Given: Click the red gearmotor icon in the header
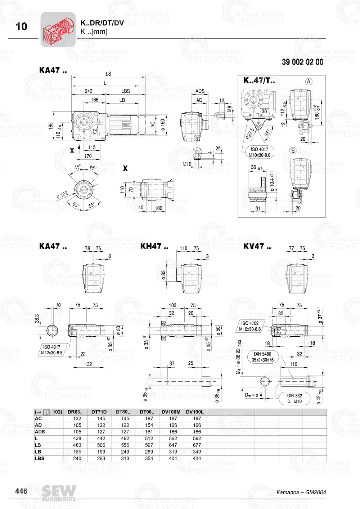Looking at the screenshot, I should pyautogui.click(x=58, y=29).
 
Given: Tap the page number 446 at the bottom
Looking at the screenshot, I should pyautogui.click(x=21, y=491).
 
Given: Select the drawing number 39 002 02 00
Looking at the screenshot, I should pyautogui.click(x=302, y=62).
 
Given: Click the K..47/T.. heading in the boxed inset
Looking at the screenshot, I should pyautogui.click(x=259, y=81).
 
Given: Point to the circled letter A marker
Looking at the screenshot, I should pyautogui.click(x=309, y=82).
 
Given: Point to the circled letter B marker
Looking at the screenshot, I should pyautogui.click(x=293, y=151).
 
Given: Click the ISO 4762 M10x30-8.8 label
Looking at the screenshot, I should pyautogui.click(x=250, y=326).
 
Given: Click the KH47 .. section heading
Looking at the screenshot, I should pyautogui.click(x=154, y=246).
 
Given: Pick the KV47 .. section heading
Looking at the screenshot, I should pyautogui.click(x=257, y=246).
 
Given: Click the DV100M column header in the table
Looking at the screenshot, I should pyautogui.click(x=171, y=412).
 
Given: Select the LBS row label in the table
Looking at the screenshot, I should pyautogui.click(x=40, y=458).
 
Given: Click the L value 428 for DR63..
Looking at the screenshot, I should pyautogui.click(x=77, y=438).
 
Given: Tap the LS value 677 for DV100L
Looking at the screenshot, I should pyautogui.click(x=197, y=445).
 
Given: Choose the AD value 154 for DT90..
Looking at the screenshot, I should pyautogui.click(x=149, y=425).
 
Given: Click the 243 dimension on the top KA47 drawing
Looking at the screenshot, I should pyautogui.click(x=89, y=91).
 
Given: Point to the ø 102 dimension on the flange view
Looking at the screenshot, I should pyautogui.click(x=62, y=195).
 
